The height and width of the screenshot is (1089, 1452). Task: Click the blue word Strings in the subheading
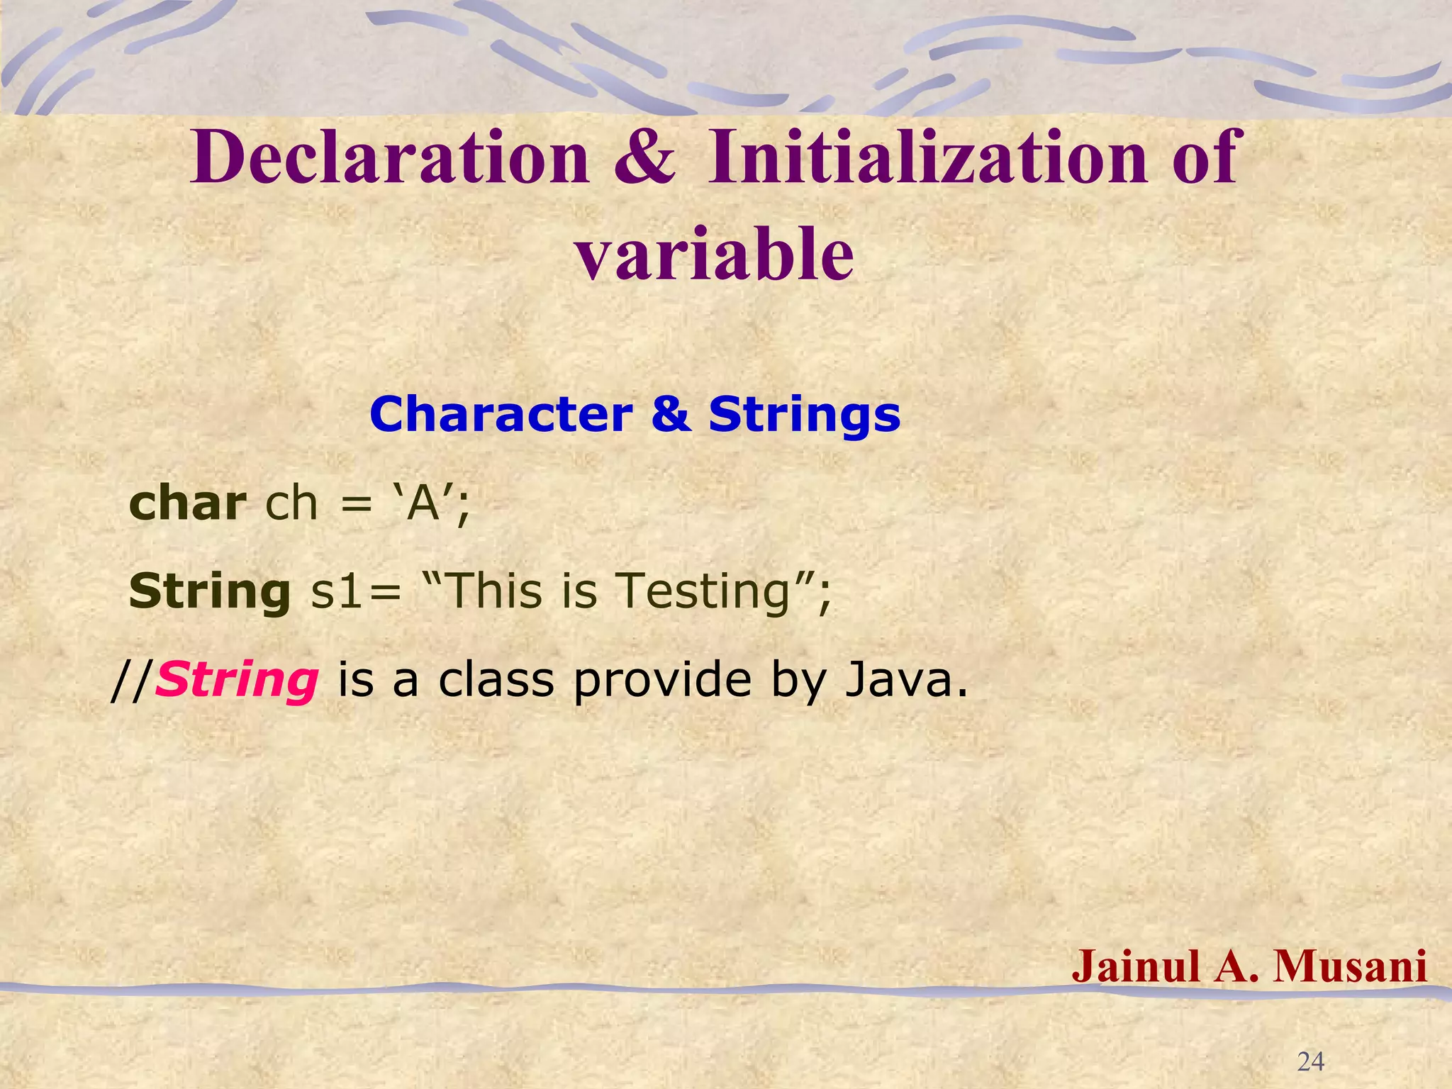804,416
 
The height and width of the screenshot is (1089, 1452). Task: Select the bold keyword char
187,503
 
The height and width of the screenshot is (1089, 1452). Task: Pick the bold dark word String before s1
210,592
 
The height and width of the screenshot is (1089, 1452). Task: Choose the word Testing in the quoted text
702,592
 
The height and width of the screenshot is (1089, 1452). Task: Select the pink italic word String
237,681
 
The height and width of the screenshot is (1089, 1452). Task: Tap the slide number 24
1310,1061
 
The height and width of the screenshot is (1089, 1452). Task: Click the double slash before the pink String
132,681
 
